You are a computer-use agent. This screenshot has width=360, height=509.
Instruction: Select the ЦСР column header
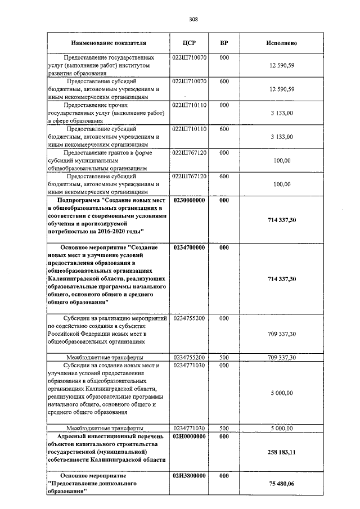coord(190,43)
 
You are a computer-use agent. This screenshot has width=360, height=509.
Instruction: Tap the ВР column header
coord(224,43)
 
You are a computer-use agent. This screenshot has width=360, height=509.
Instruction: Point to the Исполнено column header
coord(281,43)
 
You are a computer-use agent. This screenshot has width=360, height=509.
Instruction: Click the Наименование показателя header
coord(109,43)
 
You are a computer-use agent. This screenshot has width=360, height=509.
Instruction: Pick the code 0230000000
coord(190,200)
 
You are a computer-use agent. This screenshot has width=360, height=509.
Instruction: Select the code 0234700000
coord(190,247)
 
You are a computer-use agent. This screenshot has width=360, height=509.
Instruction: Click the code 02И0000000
coord(190,436)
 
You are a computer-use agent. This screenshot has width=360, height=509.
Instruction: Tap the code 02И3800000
coord(190,476)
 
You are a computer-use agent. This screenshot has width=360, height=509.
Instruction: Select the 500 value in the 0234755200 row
coord(224,357)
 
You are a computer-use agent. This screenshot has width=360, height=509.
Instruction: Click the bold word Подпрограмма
coord(80,200)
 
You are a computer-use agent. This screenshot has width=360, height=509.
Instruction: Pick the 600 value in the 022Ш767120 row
coord(224,177)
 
